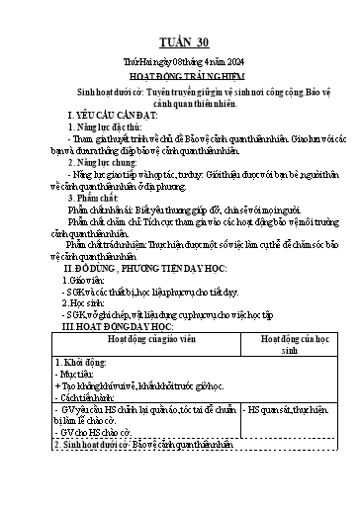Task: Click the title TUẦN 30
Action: [x=179, y=41]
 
